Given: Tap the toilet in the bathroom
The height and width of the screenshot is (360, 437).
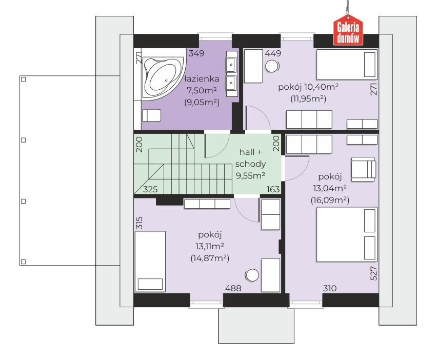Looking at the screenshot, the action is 152,115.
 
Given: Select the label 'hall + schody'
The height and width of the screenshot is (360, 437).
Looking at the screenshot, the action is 250,158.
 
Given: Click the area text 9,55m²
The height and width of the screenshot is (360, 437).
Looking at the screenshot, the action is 250,175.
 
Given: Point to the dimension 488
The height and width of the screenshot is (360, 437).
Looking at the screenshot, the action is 233,288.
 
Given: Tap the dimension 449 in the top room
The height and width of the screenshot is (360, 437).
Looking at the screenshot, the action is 273,53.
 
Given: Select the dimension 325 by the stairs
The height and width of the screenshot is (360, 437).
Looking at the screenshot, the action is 150,189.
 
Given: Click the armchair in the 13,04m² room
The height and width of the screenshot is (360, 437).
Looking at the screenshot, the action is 364,169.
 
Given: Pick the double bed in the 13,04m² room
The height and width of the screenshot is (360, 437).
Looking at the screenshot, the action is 347,234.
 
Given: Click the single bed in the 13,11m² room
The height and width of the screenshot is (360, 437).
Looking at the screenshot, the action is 150,262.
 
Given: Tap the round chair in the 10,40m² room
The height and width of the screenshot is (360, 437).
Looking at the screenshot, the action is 272,67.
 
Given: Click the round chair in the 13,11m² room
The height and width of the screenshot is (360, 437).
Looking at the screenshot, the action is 252,275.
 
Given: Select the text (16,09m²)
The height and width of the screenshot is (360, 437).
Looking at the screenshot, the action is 330,200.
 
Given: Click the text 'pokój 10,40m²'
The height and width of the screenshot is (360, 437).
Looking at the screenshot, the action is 308,87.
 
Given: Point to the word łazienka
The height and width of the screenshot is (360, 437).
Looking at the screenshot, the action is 202,79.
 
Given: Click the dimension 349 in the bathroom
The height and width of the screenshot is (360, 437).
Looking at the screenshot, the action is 196,53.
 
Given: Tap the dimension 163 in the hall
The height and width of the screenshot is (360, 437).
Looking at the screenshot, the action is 273,189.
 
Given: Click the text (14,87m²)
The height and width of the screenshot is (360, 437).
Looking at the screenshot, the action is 210,258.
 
